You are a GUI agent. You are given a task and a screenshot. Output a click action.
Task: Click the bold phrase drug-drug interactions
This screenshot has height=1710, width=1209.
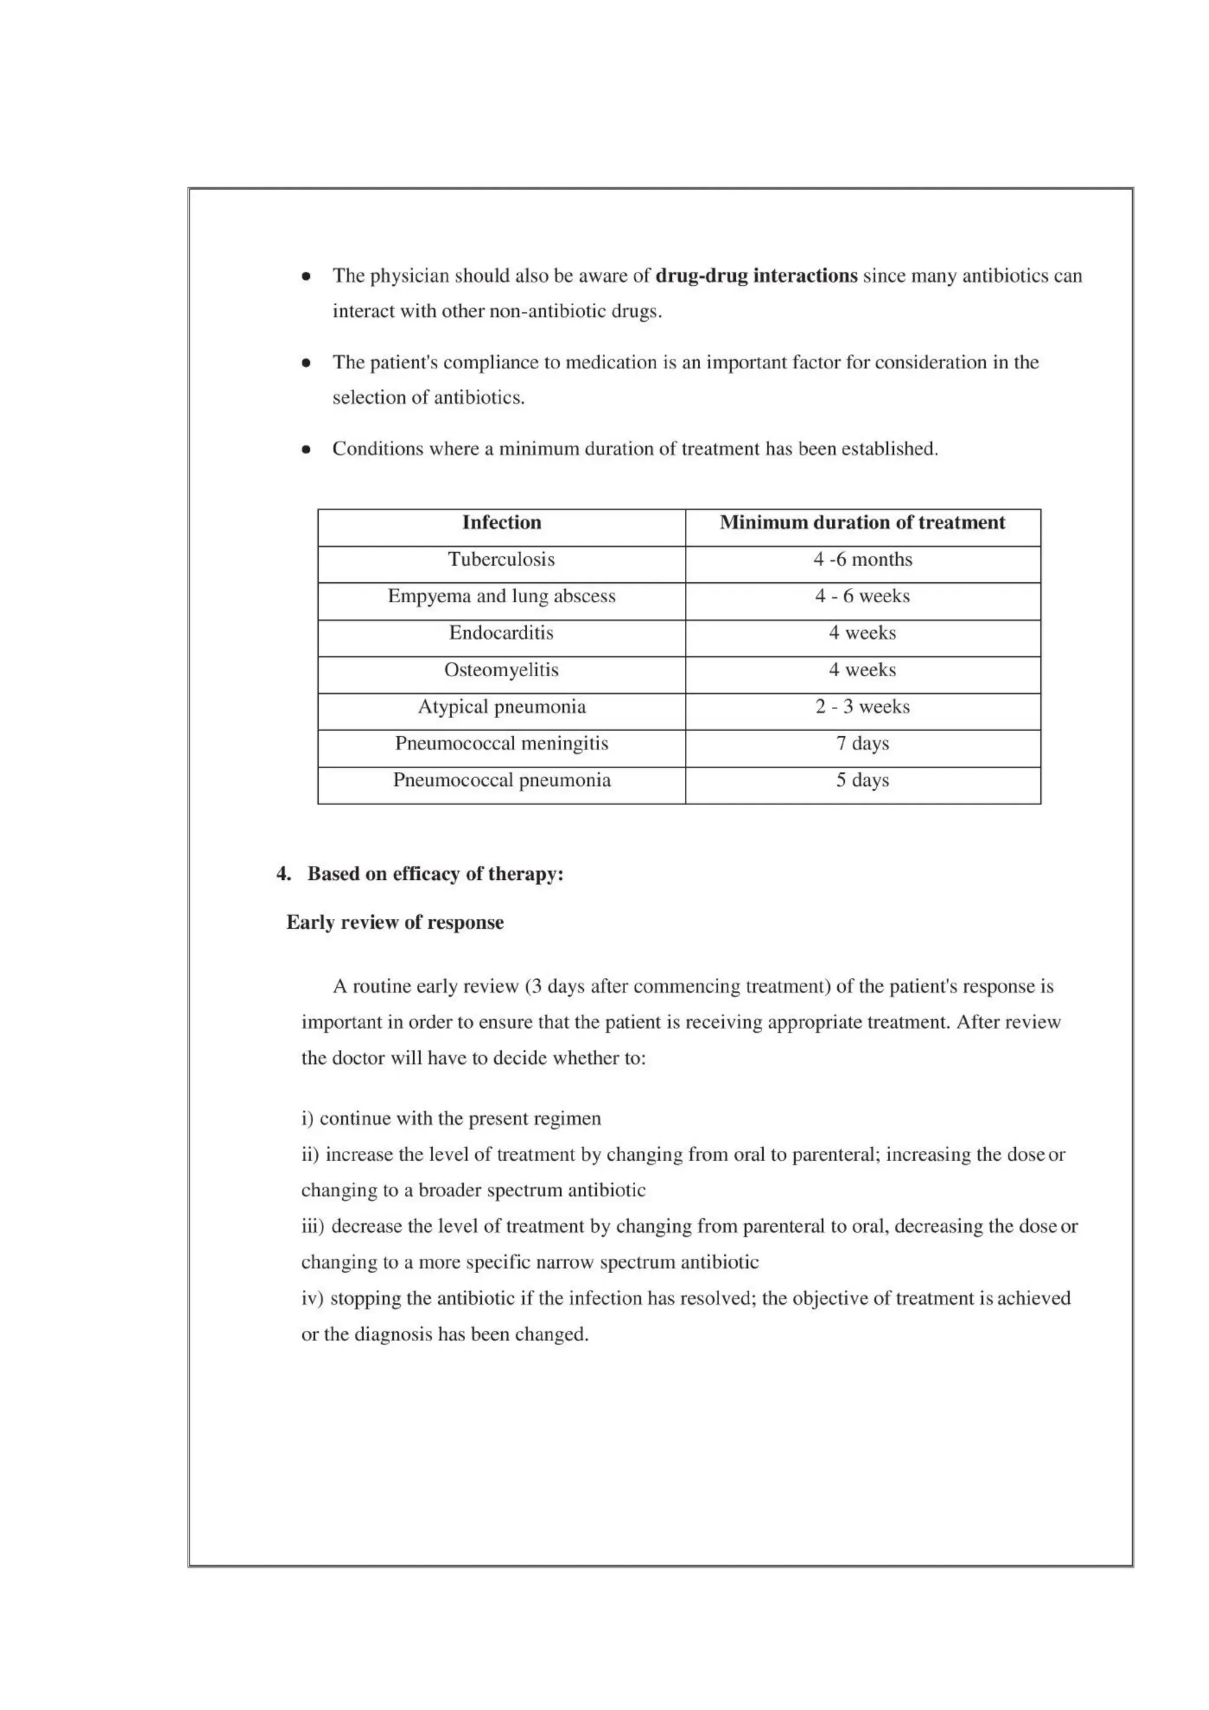[x=756, y=276]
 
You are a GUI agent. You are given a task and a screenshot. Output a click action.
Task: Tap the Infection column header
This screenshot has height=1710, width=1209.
[x=501, y=523]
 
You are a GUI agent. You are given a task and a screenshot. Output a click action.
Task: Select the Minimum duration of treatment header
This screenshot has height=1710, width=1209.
[x=862, y=523]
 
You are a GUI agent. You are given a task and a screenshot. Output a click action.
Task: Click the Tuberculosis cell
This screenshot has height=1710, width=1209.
[x=501, y=560]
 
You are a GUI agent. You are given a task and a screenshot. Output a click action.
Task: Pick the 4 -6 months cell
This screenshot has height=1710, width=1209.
[x=862, y=560]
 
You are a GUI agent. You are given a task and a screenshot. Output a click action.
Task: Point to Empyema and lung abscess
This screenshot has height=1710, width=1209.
[x=501, y=596]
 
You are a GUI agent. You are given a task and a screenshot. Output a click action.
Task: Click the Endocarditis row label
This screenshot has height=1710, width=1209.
[x=501, y=634]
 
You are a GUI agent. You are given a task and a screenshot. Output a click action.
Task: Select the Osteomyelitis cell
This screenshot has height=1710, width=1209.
[x=501, y=670]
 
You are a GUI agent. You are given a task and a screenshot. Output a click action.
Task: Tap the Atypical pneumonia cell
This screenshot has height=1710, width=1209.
[x=501, y=707]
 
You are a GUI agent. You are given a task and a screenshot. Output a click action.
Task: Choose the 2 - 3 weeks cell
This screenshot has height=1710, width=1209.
[x=862, y=707]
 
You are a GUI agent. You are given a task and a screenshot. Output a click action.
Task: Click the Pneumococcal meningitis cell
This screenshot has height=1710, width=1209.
[x=501, y=744]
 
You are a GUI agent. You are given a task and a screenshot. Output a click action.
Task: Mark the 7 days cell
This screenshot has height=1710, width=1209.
[x=862, y=744]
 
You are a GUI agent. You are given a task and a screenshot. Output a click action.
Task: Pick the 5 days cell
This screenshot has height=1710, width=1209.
[x=862, y=781]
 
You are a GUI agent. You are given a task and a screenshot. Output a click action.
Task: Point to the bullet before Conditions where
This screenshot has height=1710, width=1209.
[x=306, y=450]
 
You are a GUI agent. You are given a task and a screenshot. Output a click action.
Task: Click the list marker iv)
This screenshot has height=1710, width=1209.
[x=312, y=1299]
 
